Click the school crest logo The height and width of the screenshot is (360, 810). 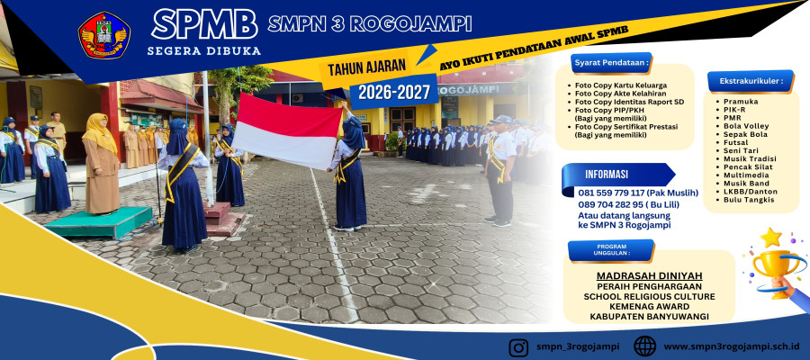[103, 34]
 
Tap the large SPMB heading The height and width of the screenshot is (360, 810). [204, 24]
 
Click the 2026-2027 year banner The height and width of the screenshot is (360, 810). [394, 92]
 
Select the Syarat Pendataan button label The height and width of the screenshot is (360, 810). [612, 63]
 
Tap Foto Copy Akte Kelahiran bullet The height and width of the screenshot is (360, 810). [617, 94]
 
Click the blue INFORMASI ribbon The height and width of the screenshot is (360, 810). [617, 175]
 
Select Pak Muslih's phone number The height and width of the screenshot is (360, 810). [638, 193]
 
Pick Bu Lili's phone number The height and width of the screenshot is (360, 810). [629, 204]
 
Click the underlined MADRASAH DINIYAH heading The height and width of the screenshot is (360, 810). [649, 275]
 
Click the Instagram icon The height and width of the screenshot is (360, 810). [518, 346]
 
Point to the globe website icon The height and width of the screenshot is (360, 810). [644, 346]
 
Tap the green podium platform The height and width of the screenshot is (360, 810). [98, 221]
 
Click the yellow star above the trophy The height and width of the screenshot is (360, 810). [770, 238]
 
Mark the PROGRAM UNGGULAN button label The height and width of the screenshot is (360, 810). [611, 250]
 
